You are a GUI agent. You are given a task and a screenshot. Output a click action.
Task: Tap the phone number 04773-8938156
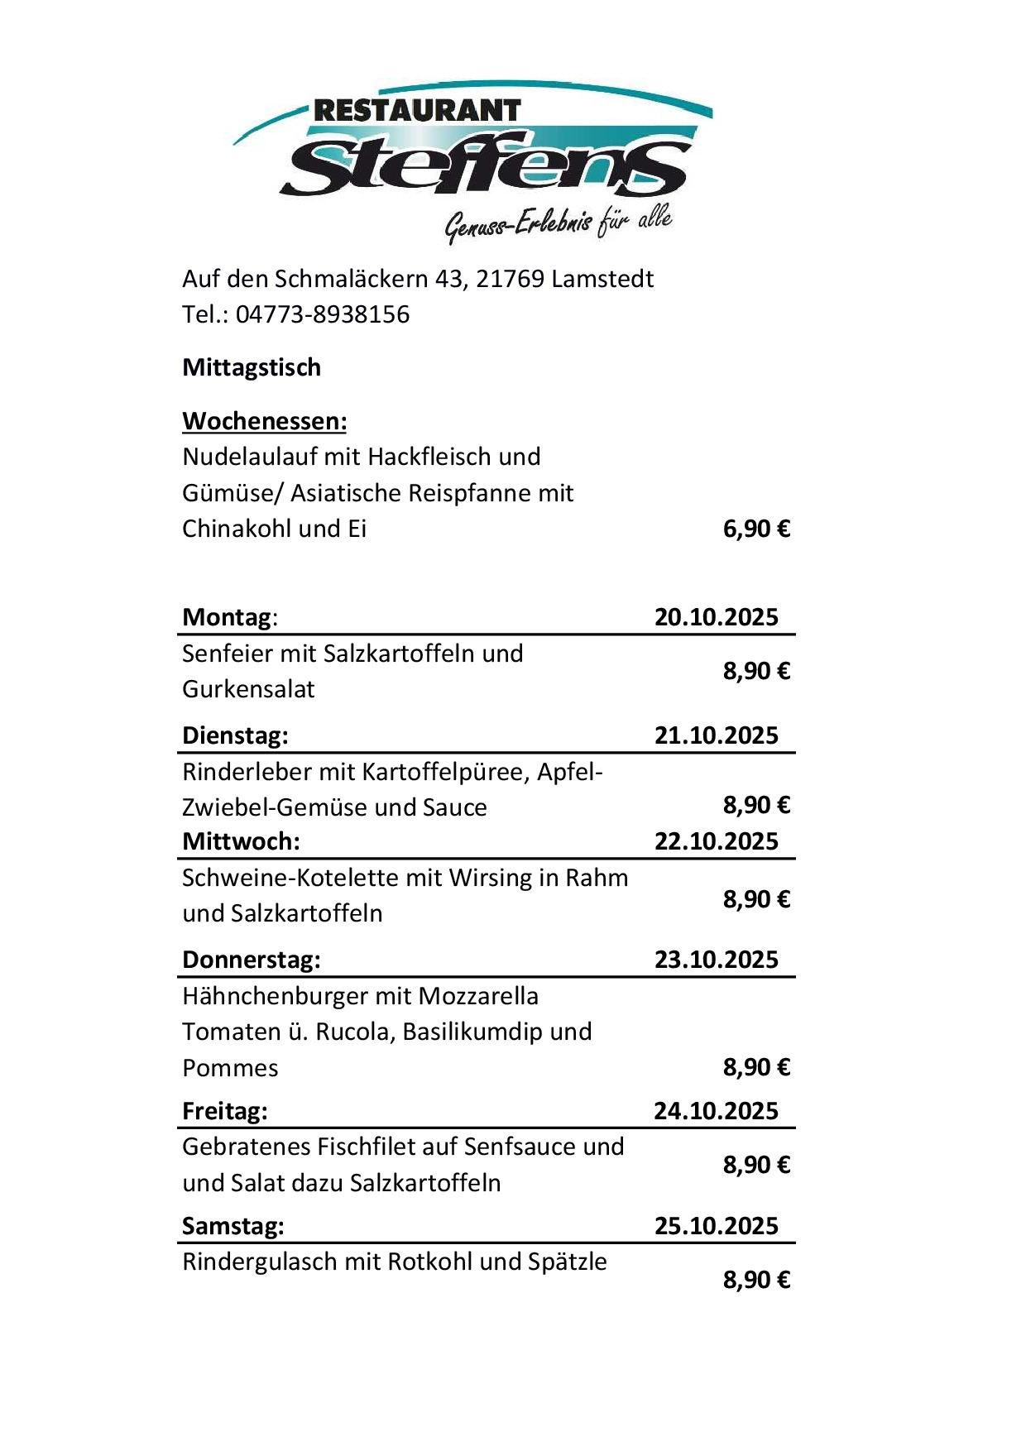323,314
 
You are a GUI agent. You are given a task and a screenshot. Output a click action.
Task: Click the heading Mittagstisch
252,367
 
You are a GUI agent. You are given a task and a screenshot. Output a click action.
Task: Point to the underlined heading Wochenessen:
264,421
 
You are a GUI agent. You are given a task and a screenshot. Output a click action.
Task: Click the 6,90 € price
756,529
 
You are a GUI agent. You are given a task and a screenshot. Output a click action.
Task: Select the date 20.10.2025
717,617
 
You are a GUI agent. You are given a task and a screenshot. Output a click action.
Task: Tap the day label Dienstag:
235,735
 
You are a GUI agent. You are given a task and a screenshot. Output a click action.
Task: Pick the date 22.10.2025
717,841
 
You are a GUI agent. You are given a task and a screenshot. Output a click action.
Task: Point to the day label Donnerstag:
252,960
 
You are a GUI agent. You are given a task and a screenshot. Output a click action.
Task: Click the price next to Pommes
756,1068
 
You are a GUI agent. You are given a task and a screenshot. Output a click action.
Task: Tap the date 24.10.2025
717,1111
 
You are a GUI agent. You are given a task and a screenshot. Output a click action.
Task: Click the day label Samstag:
233,1226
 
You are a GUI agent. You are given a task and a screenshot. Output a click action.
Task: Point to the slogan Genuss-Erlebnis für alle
559,223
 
